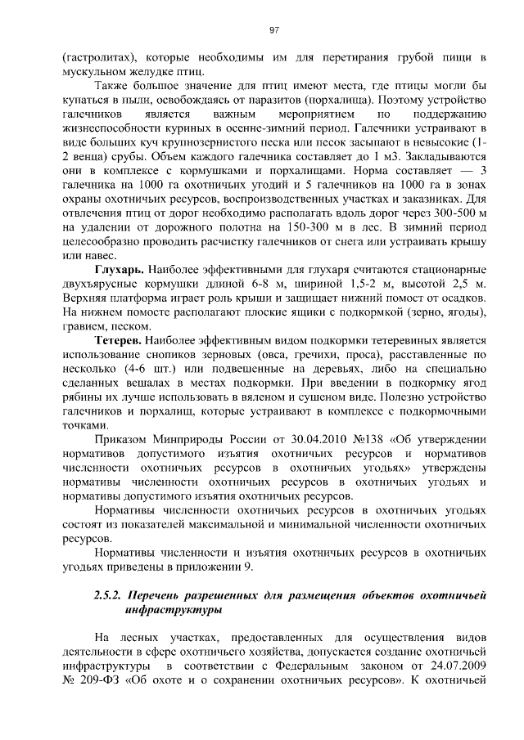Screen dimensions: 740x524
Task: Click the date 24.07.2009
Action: pyautogui.click(x=458, y=653)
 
